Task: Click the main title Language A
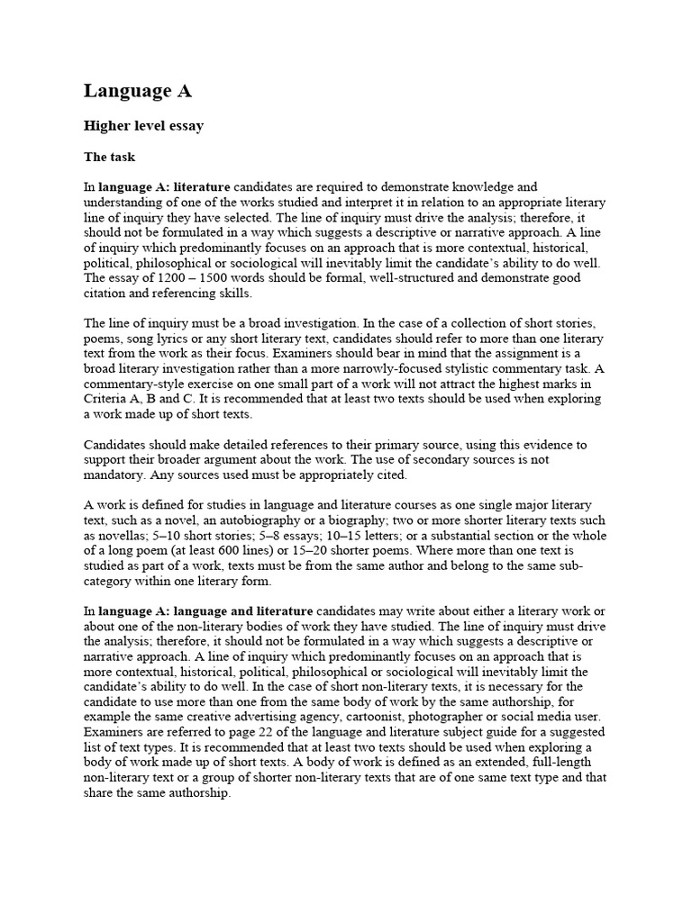coord(138,91)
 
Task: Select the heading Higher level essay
coord(143,126)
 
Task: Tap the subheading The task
coord(109,157)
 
